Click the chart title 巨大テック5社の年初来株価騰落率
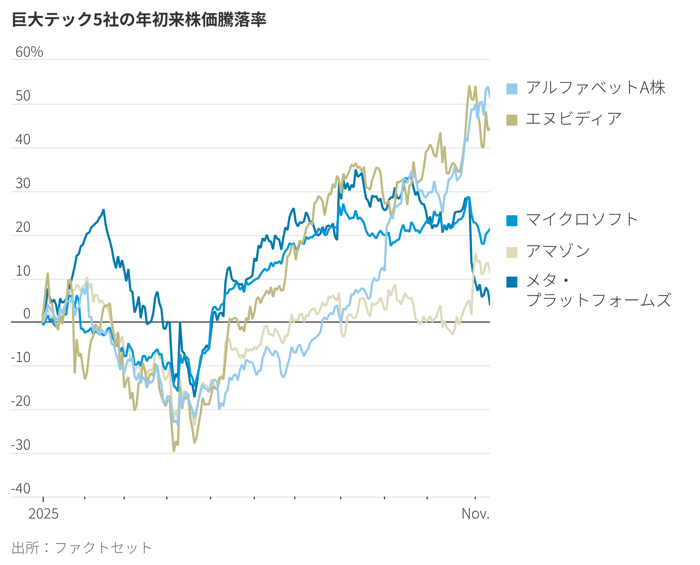pos(139,19)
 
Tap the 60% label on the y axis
pos(29,52)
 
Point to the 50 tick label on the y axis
pos(23,96)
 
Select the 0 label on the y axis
pos(27,314)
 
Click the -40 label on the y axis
pos(21,488)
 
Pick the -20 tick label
pos(21,401)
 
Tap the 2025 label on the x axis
pos(43,514)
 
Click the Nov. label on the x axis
pos(475,514)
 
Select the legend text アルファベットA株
pos(596,88)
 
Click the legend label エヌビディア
pos(573,119)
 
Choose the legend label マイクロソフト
pos(582,219)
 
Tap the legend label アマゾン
pos(558,251)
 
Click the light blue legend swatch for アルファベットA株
pos(512,89)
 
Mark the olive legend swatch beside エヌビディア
pos(512,120)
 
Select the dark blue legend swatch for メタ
pos(512,282)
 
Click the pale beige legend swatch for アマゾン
pos(512,253)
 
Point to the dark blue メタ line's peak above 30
pos(355,170)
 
